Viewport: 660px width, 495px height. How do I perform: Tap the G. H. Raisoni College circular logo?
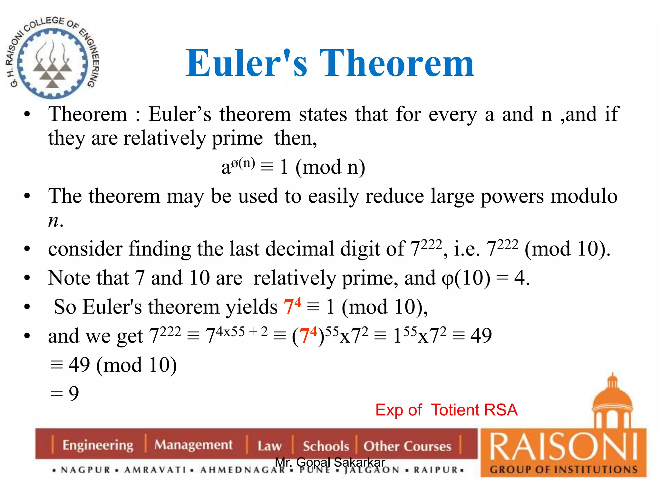pos(53,58)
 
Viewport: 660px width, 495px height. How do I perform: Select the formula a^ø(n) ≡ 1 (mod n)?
pos(293,167)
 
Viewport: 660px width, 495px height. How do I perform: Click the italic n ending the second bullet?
pos(53,221)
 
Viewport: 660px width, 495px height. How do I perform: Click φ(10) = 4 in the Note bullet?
pos(485,278)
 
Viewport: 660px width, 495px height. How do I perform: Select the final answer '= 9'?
pos(65,393)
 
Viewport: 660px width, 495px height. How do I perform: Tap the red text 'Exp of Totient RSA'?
pos(446,410)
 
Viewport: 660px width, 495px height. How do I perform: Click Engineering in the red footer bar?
pos(98,445)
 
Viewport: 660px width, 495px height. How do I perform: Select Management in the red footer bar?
pos(193,445)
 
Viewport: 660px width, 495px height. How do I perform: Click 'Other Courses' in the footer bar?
pos(407,446)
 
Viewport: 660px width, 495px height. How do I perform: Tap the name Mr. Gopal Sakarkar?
pos(330,462)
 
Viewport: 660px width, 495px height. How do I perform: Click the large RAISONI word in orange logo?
pos(563,447)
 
